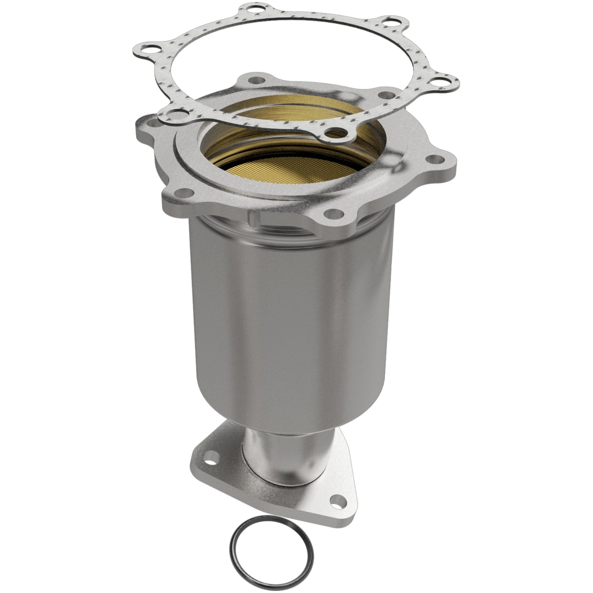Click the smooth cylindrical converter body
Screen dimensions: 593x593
coord(287,320)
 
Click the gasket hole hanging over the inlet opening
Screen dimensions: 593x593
coord(337,132)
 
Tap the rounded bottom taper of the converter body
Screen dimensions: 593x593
coord(287,414)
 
